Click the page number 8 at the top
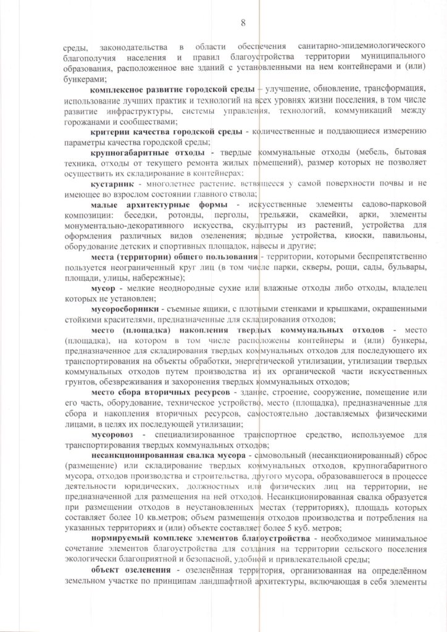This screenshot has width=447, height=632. [x=243, y=23]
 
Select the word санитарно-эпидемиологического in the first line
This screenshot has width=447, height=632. [x=354, y=48]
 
